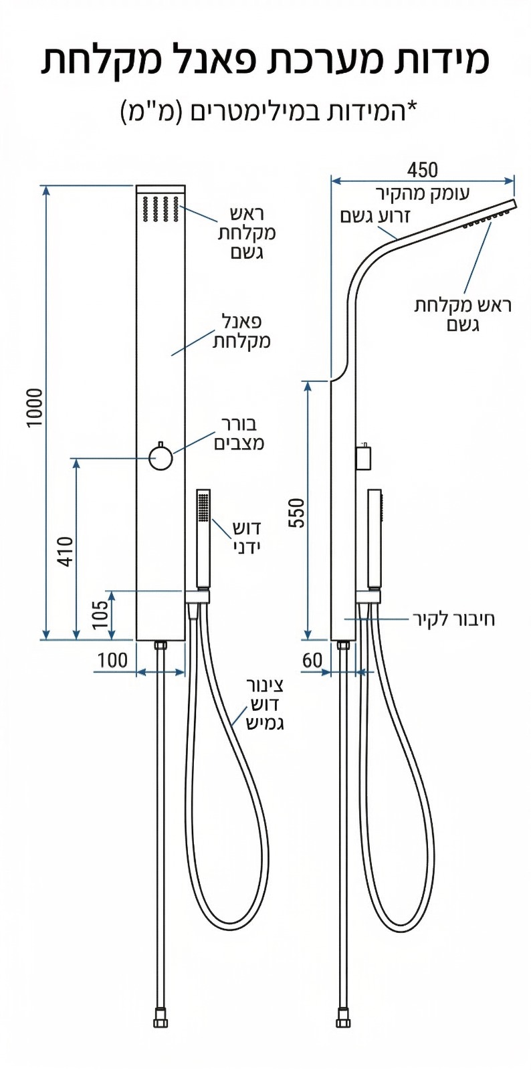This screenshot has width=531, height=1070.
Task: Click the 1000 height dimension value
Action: coord(35,408)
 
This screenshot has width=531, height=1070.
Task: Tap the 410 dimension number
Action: coord(66,551)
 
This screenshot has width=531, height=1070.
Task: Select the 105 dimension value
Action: coord(100,615)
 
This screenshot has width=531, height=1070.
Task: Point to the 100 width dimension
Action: coord(112,660)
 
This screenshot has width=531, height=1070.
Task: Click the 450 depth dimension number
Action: coord(423,170)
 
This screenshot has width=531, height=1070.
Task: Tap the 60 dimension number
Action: coord(312,660)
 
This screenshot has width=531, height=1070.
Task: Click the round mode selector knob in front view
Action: coord(161,458)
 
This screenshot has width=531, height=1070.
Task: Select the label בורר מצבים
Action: coord(239,433)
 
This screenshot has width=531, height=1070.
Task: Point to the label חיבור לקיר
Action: coord(454,619)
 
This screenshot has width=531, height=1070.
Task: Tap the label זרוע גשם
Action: coord(375,216)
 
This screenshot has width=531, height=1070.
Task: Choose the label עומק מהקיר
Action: coord(423,194)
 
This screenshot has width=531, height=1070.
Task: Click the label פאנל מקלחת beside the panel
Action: coord(241,332)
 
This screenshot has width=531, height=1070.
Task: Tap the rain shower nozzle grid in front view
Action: coord(161,208)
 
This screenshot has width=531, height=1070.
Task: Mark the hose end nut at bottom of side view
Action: coord(343,1021)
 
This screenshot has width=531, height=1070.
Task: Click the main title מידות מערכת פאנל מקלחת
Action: coord(265,60)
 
